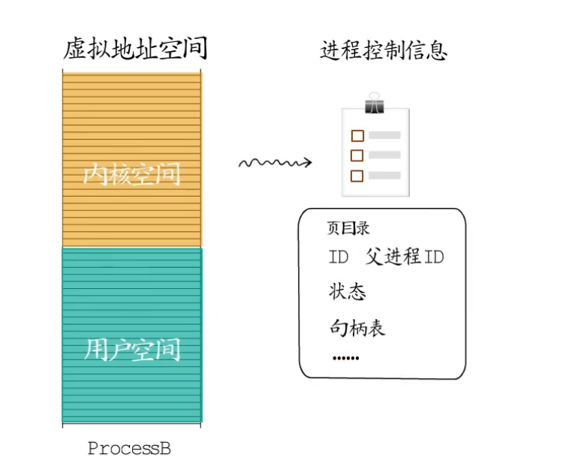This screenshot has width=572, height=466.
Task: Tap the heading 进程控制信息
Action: [x=384, y=50]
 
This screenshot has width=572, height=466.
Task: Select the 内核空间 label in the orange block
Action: [x=132, y=174]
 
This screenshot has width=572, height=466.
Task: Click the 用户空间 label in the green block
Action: [x=132, y=349]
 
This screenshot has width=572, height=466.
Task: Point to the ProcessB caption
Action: [x=129, y=449]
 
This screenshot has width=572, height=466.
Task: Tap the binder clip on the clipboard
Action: [x=375, y=104]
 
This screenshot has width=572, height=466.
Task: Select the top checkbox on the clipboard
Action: [x=357, y=136]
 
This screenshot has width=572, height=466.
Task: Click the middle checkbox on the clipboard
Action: [x=357, y=155]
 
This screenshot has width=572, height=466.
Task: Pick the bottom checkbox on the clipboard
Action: [x=357, y=176]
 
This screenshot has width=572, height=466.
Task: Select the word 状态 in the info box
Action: [x=347, y=291]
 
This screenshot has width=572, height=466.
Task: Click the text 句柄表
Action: [x=357, y=326]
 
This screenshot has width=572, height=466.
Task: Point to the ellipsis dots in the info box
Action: [x=346, y=358]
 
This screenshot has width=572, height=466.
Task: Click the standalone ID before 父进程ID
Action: [x=339, y=257]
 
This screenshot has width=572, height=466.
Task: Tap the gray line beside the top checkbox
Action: [x=384, y=136]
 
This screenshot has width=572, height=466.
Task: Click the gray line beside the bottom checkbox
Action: [x=384, y=176]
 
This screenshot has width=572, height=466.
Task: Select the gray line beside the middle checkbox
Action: [x=384, y=155]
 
